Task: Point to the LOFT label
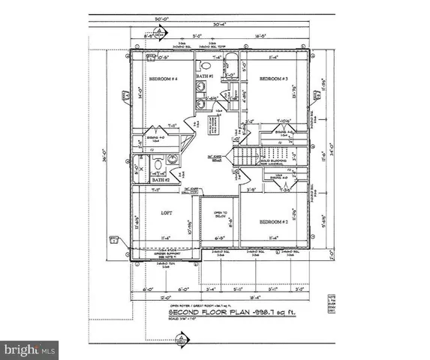tap(167, 213)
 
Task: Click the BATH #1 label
tap(206, 76)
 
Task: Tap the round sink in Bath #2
tap(172, 159)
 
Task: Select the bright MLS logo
tap(29, 349)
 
